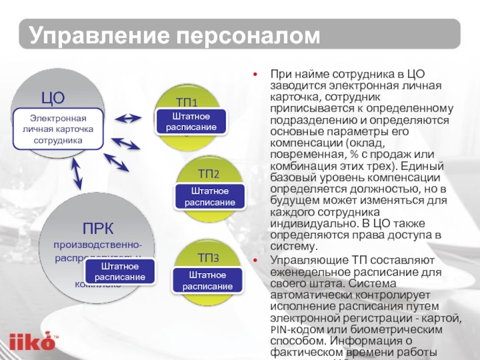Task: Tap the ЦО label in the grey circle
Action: point(52,98)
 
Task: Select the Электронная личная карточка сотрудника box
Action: point(58,129)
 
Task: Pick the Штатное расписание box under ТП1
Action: point(191,121)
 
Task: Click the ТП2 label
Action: point(208,174)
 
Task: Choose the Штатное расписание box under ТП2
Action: point(209,196)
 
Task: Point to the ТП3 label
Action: point(208,258)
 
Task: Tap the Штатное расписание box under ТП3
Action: point(208,280)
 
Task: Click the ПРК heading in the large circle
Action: point(98,227)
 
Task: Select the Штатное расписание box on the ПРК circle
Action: point(119,271)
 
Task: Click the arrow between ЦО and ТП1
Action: point(128,118)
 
